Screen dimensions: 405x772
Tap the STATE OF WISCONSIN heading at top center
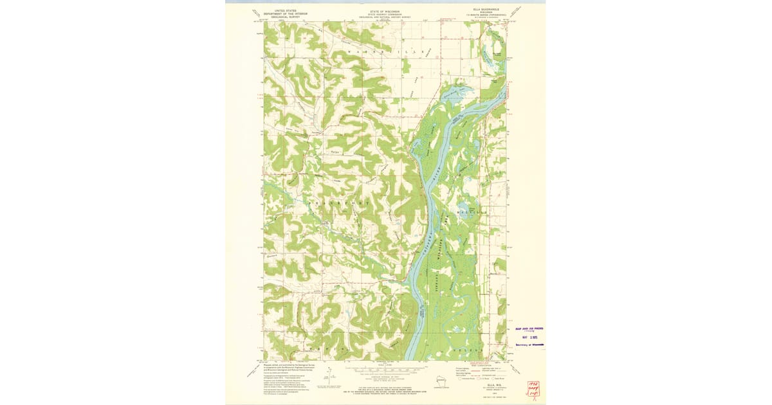coord(385,14)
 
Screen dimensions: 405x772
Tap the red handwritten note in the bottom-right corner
coord(533,388)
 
